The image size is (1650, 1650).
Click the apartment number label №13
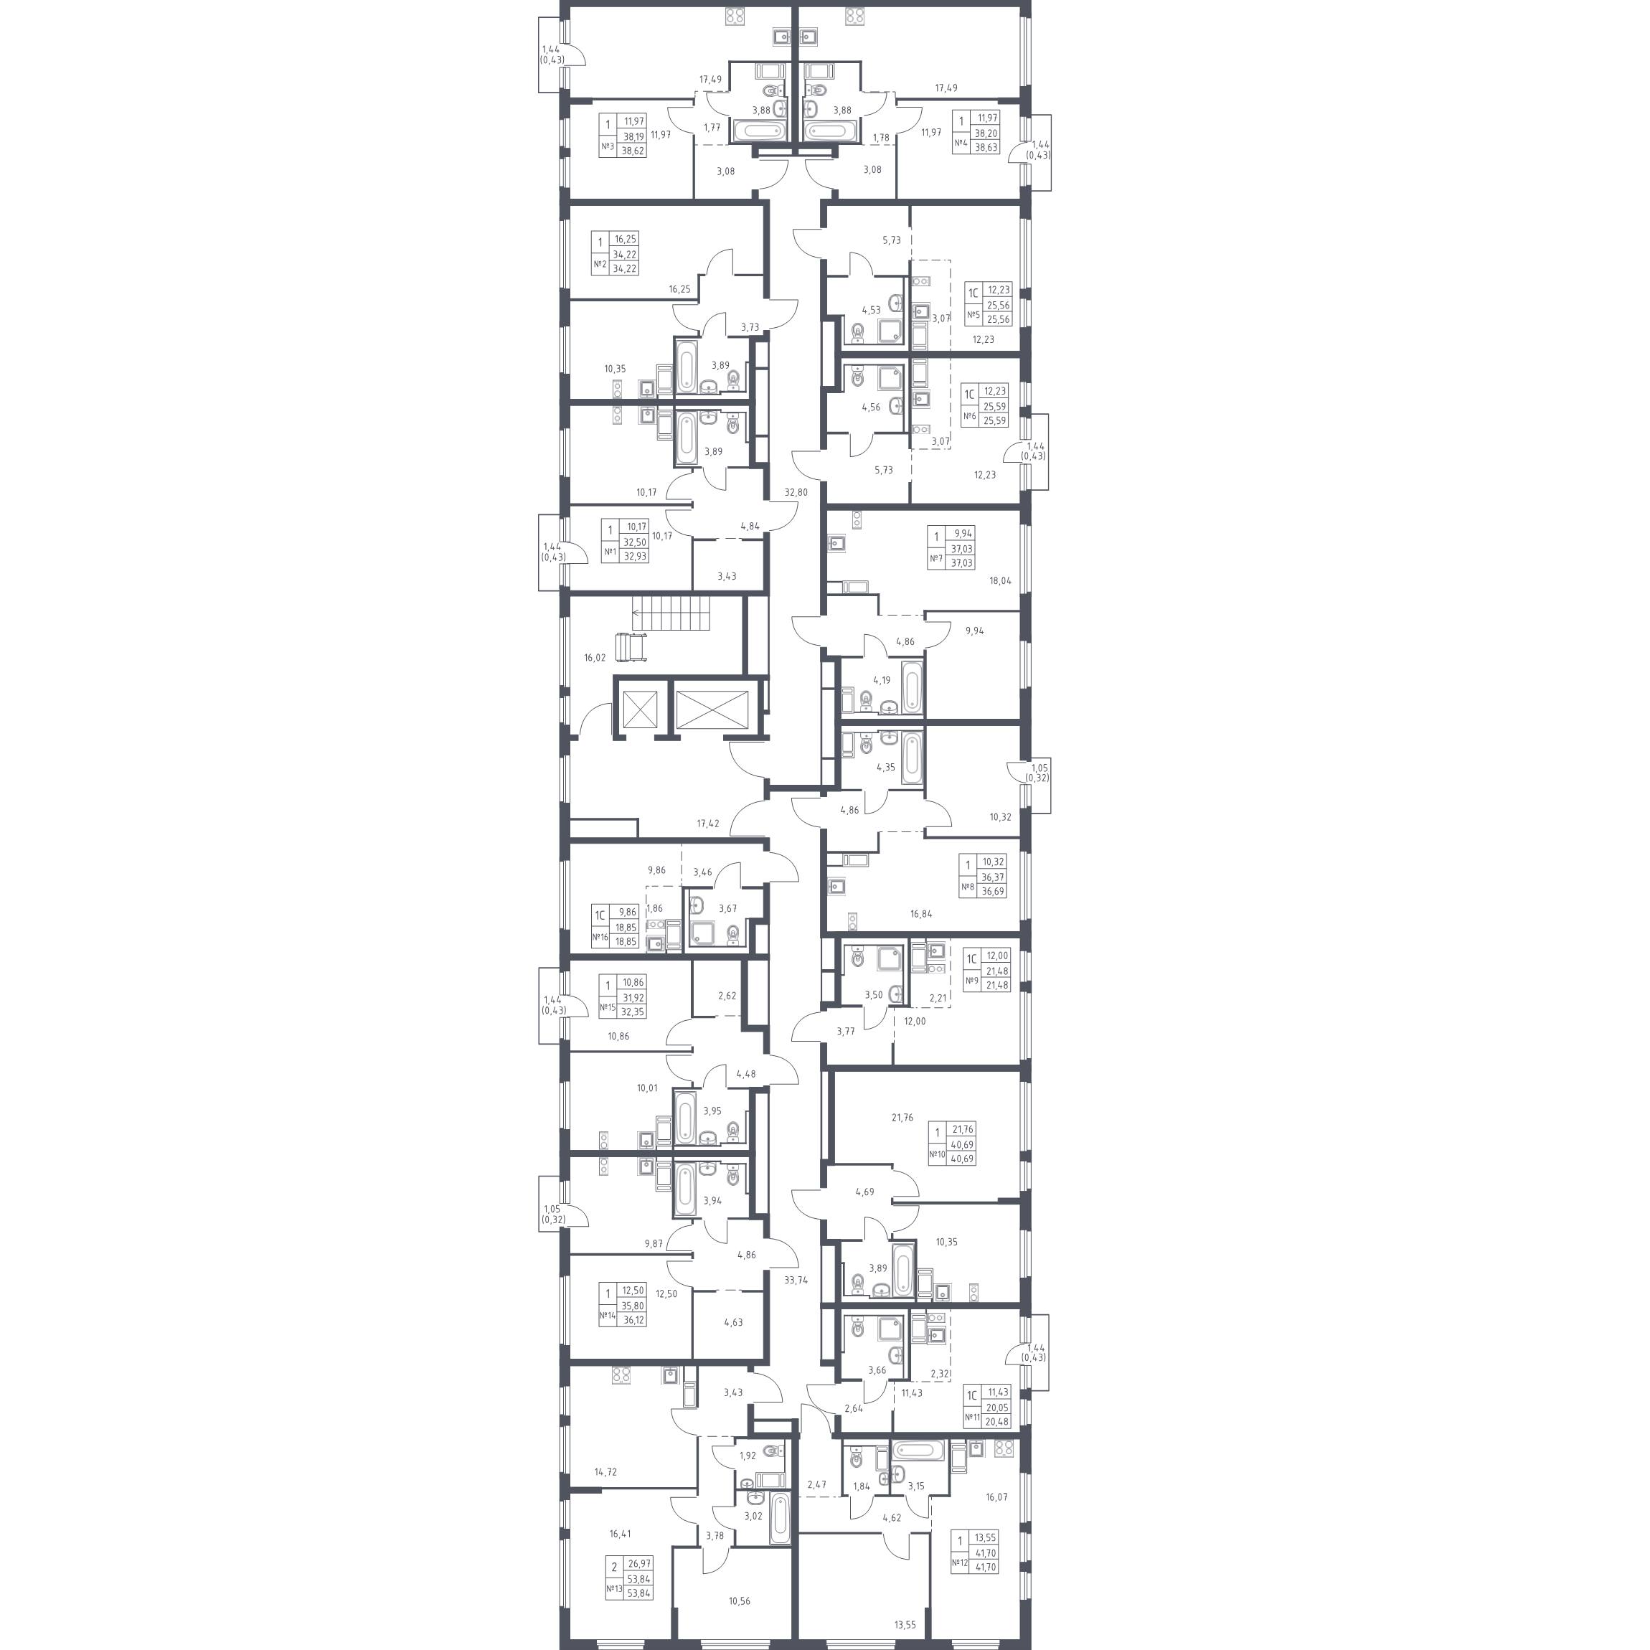point(614,1589)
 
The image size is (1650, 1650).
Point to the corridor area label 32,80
point(796,493)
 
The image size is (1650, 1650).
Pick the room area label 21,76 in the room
point(902,1117)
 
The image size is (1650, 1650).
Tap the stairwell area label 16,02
point(595,659)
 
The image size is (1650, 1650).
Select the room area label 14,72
point(605,1471)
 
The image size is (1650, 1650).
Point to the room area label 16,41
point(620,1533)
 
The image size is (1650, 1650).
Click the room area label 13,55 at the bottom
point(905,1624)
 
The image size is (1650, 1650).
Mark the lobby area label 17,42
point(708,824)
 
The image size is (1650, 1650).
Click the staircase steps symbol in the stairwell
point(671,613)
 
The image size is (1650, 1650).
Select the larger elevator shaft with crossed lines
point(712,709)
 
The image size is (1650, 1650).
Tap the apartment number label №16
point(600,937)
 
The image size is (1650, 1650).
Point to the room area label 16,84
point(920,914)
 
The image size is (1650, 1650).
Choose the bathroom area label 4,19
point(882,681)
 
